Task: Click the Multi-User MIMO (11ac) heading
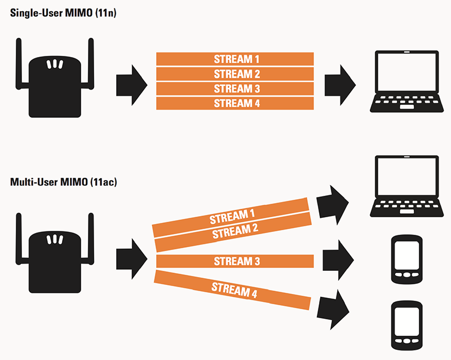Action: coord(63,183)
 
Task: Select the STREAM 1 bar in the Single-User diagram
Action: coord(235,59)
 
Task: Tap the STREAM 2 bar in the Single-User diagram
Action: coord(235,73)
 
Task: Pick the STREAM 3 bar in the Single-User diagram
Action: coord(235,88)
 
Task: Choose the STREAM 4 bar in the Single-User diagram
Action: coord(235,103)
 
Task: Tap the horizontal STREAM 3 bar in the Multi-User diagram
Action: coord(235,261)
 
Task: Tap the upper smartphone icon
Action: coord(406,259)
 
